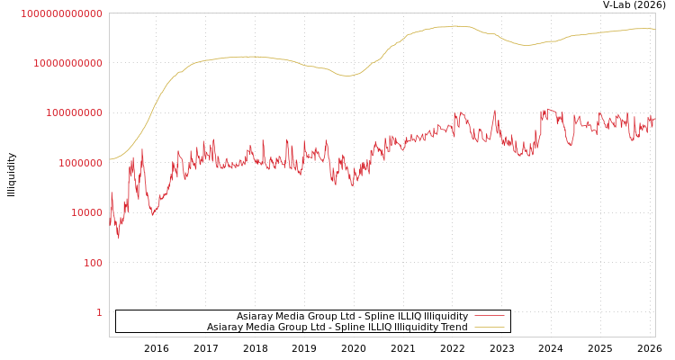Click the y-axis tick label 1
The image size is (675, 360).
pos(99,312)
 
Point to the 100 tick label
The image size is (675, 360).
pos(94,263)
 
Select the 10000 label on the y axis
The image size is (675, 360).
pos(87,212)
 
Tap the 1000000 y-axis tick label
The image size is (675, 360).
pos(81,163)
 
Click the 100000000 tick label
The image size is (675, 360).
pos(75,112)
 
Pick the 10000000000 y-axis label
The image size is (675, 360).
pos(68,63)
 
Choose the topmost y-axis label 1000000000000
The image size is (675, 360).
pos(62,13)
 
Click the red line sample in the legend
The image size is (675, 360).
pos(489,316)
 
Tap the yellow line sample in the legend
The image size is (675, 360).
pos(489,327)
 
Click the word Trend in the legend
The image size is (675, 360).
pos(453,327)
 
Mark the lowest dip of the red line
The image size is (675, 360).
pos(118,238)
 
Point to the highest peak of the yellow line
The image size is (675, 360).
pos(458,26)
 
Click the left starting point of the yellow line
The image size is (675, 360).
pos(110,160)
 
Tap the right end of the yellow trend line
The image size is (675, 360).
pos(654,29)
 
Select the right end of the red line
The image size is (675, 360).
pos(654,117)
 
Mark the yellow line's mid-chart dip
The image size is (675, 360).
pos(347,76)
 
